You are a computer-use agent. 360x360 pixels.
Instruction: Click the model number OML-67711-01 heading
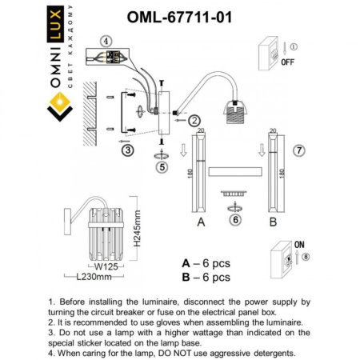[x=180, y=16]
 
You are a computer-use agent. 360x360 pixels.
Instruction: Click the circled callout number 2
[x=194, y=120]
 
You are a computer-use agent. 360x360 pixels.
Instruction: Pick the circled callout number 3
[x=127, y=149]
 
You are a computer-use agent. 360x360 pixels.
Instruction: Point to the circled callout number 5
[x=162, y=168]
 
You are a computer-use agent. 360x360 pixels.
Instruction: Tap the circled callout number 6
[x=234, y=219]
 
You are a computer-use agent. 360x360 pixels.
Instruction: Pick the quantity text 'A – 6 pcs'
[x=206, y=262]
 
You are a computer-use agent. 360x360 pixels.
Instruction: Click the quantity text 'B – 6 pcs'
[x=206, y=277]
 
